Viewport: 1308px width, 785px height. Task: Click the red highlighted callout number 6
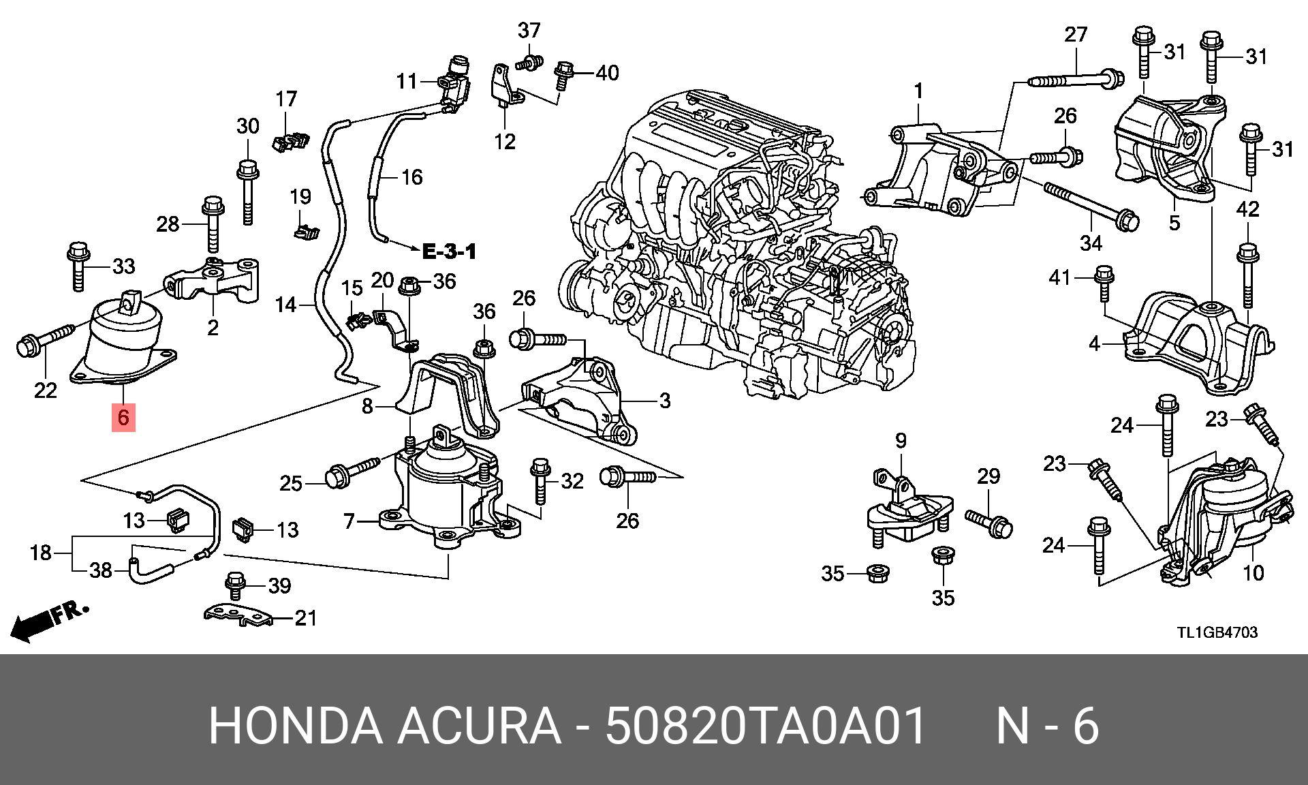[x=123, y=416]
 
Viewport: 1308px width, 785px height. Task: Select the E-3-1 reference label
[x=449, y=251]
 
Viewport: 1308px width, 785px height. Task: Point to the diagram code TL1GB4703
[x=1217, y=632]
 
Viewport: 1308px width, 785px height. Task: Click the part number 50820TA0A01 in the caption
[x=766, y=726]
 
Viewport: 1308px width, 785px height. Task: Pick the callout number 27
[x=1076, y=34]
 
